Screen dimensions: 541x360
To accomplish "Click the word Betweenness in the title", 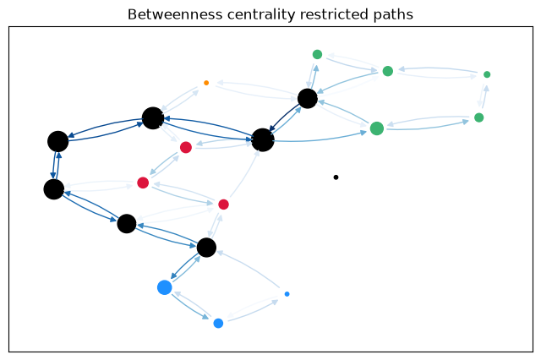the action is pyautogui.click(x=175, y=14).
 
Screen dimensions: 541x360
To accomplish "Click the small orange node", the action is pyautogui.click(x=206, y=83).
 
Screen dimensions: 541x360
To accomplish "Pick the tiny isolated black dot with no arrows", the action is pyautogui.click(x=336, y=177).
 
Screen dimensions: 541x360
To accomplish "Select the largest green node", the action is pyautogui.click(x=377, y=128).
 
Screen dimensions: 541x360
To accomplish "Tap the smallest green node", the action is pyautogui.click(x=487, y=74).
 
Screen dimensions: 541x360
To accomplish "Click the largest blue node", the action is pyautogui.click(x=165, y=287).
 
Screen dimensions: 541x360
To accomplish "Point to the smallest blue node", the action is pyautogui.click(x=287, y=294).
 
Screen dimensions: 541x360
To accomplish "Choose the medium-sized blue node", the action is pyautogui.click(x=218, y=323).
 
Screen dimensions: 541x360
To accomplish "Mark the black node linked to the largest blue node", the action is pyautogui.click(x=206, y=248).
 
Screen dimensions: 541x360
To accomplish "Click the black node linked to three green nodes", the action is pyautogui.click(x=308, y=99).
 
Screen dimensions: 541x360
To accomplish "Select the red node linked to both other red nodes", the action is pyautogui.click(x=143, y=183).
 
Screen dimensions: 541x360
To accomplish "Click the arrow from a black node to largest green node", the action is pyautogui.click(x=321, y=139).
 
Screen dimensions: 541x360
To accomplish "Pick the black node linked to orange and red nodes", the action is pyautogui.click(x=153, y=118).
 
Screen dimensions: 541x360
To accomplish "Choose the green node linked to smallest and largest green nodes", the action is pyautogui.click(x=479, y=117).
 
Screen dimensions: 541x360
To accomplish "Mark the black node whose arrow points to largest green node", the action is pyautogui.click(x=263, y=140).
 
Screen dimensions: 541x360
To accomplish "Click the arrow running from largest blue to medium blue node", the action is pyautogui.click(x=189, y=306).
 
